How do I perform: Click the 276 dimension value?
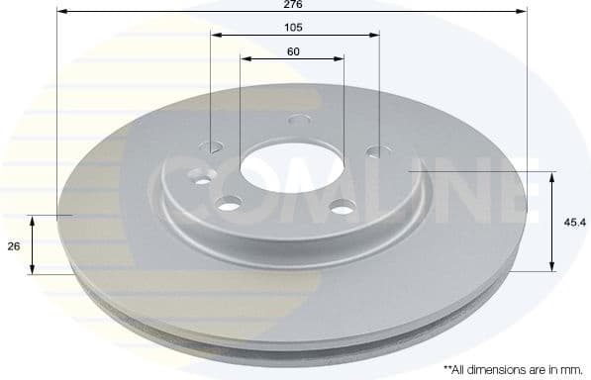coord(292,6)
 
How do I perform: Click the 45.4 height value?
coord(571,222)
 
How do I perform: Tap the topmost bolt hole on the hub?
coord(295,122)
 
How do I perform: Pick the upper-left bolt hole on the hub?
coord(215,146)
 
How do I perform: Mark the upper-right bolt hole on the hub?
coord(373,151)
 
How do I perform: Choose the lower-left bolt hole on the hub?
coord(229,205)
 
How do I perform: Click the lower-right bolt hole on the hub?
coord(343,207)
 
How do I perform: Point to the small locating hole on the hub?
coord(204,180)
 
